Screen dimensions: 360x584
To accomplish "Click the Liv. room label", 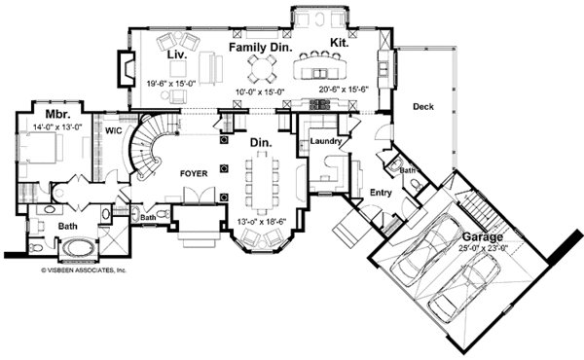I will (176, 55).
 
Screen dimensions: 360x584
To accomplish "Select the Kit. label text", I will (339, 44).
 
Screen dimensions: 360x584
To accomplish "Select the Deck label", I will (422, 106).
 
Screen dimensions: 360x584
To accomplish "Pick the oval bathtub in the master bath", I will (74, 250).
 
